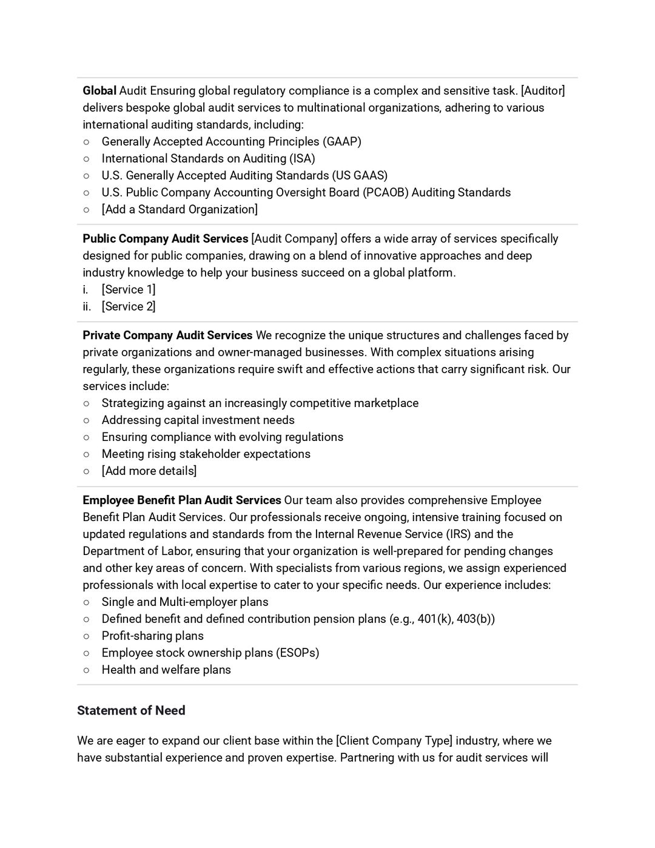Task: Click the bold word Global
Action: click(x=99, y=91)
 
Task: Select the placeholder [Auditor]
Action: click(x=543, y=91)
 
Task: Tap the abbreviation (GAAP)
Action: click(x=341, y=142)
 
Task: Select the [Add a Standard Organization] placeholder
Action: click(x=180, y=210)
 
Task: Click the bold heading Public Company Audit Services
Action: click(x=166, y=239)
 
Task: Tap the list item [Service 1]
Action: click(x=129, y=290)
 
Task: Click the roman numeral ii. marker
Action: click(x=87, y=307)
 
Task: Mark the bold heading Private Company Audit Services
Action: click(x=167, y=335)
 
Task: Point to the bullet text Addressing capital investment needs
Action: click(x=198, y=420)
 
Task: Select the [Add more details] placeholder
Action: click(x=149, y=471)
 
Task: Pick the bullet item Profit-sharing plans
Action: click(x=153, y=636)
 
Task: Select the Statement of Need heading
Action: click(x=131, y=711)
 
